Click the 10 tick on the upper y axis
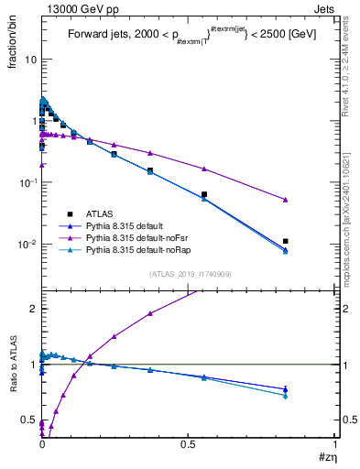point(30,59)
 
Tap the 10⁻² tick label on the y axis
point(27,244)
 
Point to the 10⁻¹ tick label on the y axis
point(27,182)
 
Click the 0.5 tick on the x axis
point(189,446)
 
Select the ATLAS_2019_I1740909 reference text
point(190,274)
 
